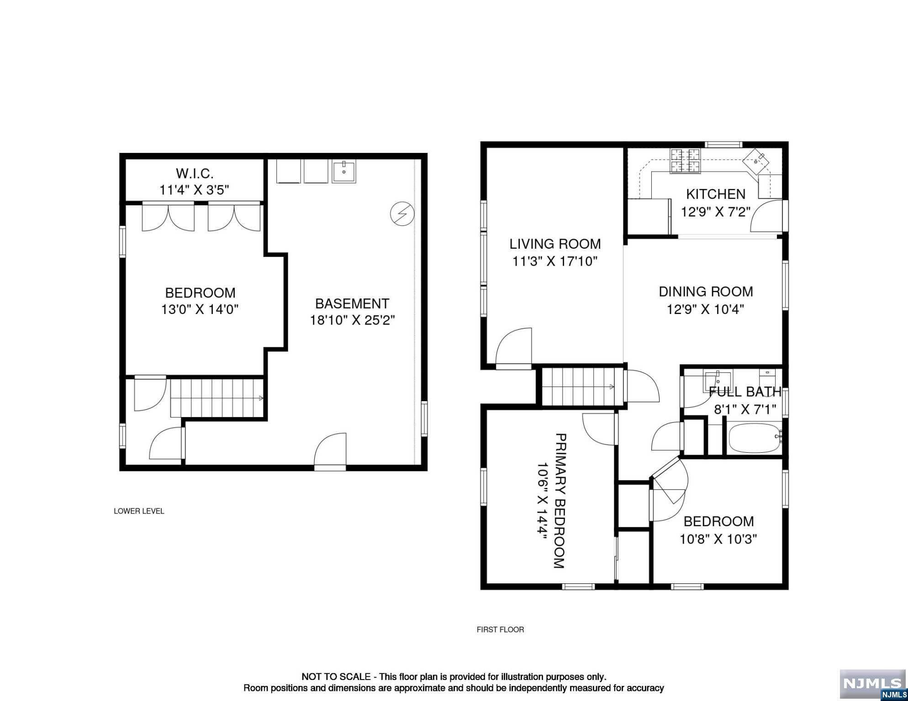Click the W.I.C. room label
click(x=195, y=173)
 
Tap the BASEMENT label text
click(x=352, y=303)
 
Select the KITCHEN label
click(x=716, y=194)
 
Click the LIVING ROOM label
click(x=555, y=244)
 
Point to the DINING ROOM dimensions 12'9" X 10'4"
click(x=706, y=309)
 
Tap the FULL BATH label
click(x=745, y=392)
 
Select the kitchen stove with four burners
click(x=685, y=162)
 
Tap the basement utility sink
click(x=344, y=171)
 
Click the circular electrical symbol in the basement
click(x=402, y=214)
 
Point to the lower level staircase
click(x=217, y=398)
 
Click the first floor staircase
click(x=582, y=387)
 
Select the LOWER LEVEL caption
click(x=139, y=511)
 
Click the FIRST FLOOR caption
click(x=500, y=629)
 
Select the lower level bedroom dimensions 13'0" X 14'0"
click(x=200, y=309)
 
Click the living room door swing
click(x=514, y=347)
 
